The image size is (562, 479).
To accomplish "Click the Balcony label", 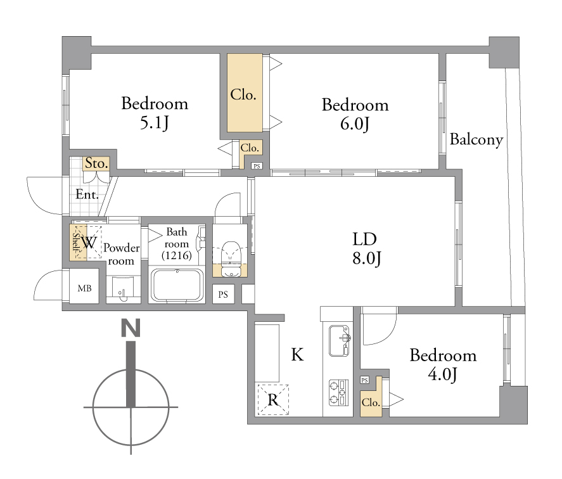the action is click(x=476, y=139).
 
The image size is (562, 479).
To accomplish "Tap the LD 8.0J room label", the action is click(x=366, y=248).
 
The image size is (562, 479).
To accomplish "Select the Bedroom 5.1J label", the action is click(x=155, y=113).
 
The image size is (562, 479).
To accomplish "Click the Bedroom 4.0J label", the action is click(x=443, y=365).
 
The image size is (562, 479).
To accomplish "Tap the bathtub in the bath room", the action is click(x=177, y=285).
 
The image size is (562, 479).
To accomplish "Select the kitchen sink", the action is click(x=339, y=341).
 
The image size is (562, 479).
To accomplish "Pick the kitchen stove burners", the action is click(x=339, y=393).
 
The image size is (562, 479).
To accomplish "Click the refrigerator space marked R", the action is click(x=274, y=399).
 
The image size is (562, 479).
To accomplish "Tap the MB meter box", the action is click(x=84, y=288).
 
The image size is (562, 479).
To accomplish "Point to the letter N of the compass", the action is click(x=131, y=328).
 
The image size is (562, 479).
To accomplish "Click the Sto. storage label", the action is click(x=96, y=163).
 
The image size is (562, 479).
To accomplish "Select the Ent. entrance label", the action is click(x=87, y=195).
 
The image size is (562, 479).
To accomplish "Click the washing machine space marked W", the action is click(x=89, y=243).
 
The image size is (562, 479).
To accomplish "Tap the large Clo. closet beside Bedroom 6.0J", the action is click(x=244, y=93).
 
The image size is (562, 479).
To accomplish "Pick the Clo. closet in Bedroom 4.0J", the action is click(x=371, y=402).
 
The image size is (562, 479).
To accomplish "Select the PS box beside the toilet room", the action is click(x=223, y=295).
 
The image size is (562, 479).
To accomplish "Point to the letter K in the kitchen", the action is click(x=297, y=354).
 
